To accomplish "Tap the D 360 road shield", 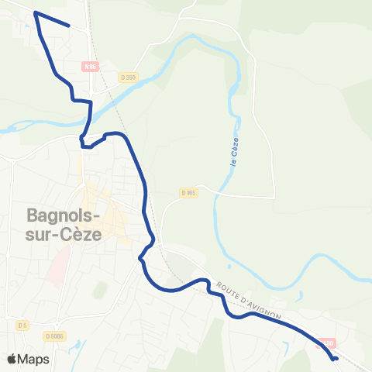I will pyautogui.click(x=129, y=77).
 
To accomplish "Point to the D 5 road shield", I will pyautogui.click(x=22, y=324).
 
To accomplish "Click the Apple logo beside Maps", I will pyautogui.click(x=12, y=359).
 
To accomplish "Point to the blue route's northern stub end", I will pyautogui.click(x=70, y=26).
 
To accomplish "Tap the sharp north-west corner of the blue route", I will pyautogui.click(x=36, y=13).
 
